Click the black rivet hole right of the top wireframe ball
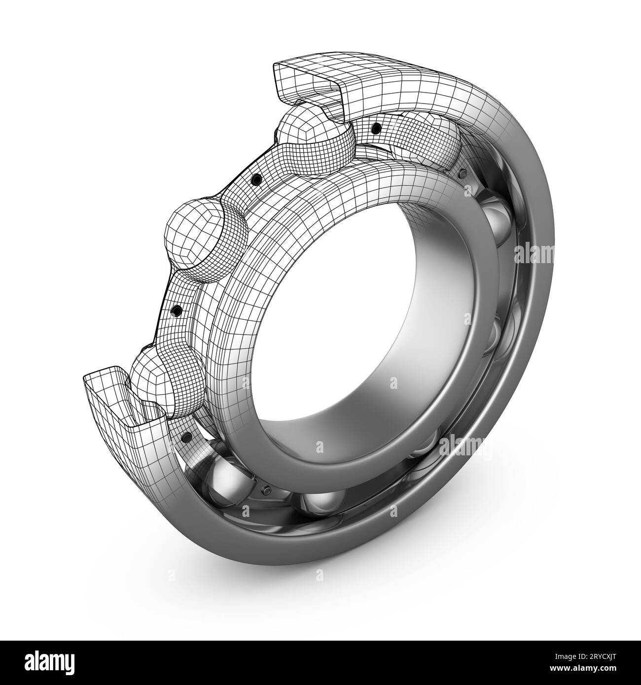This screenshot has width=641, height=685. click(376, 128)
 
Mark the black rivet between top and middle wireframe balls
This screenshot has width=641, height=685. click(255, 180)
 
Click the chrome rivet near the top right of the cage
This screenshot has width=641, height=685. click(462, 174)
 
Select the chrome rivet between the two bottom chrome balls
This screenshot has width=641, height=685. click(266, 490)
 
